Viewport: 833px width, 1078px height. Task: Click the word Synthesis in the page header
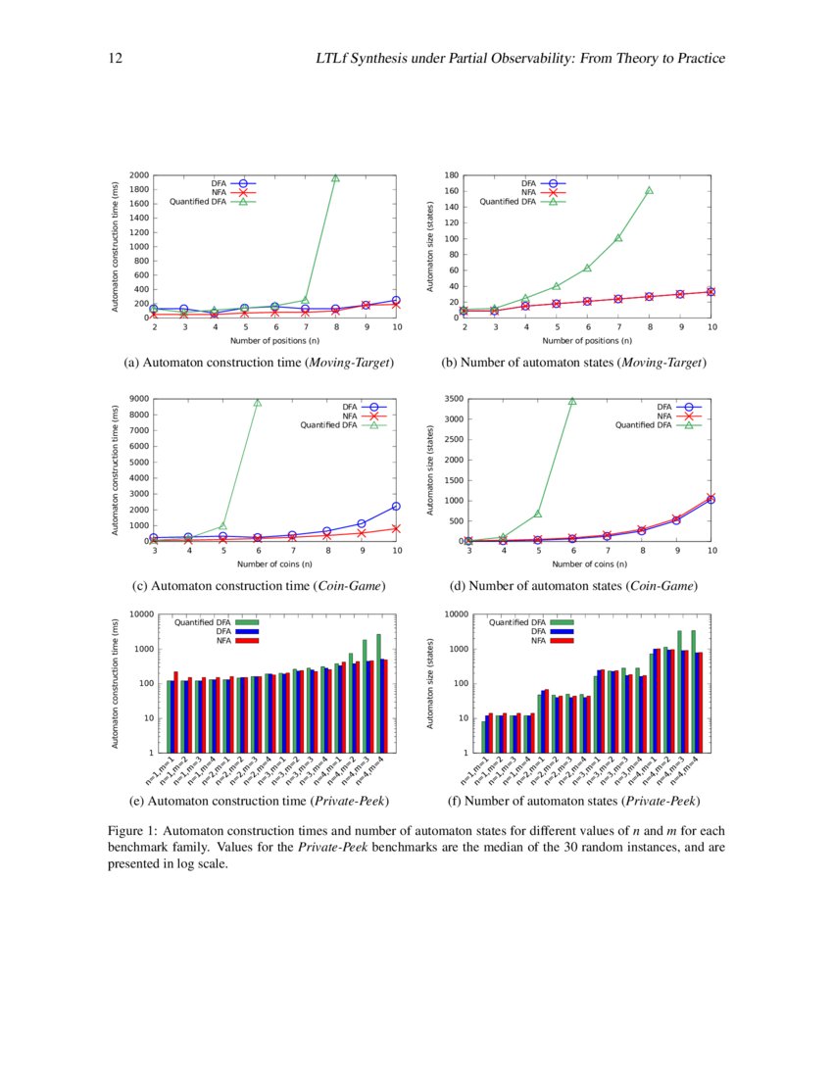click(392, 59)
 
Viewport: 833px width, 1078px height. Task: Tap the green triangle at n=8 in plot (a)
click(335, 178)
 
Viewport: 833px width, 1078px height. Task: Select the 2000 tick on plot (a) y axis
click(137, 176)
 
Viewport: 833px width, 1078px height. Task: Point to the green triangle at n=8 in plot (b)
click(649, 190)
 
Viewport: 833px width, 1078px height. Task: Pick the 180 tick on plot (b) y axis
click(453, 176)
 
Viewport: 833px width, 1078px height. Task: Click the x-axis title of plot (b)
click(588, 341)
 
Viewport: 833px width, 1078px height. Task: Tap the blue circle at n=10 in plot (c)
click(397, 506)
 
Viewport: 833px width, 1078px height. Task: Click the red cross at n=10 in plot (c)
click(397, 528)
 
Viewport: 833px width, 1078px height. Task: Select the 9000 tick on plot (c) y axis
click(137, 399)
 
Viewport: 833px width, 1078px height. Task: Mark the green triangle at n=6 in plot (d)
click(572, 401)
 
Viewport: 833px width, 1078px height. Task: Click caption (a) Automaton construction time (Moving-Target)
click(259, 363)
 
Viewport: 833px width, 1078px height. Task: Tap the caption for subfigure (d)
click(572, 585)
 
